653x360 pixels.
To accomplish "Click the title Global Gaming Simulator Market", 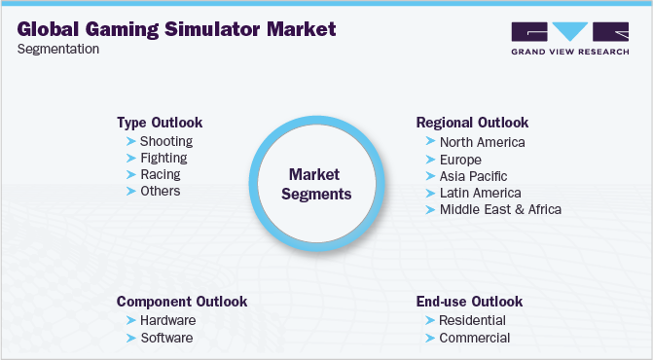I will click(176, 29).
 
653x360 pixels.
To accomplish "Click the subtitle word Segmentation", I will click(57, 50).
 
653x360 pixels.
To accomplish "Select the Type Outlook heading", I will click(160, 123).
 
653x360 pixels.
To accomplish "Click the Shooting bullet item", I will click(165, 141).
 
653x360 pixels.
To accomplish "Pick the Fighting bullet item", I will click(163, 158).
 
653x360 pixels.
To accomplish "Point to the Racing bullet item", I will click(160, 174).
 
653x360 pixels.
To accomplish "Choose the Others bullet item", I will click(160, 191).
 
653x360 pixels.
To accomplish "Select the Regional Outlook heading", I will click(472, 123).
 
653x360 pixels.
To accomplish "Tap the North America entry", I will click(482, 142).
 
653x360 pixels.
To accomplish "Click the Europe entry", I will click(460, 159).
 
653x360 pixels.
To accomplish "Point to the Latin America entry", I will click(480, 192).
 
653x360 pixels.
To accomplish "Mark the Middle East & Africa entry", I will click(500, 208).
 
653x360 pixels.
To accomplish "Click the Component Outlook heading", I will click(181, 302).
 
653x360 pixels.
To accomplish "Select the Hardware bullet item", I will click(167, 320).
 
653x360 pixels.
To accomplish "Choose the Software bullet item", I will click(165, 338).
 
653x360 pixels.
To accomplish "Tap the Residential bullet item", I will click(473, 320).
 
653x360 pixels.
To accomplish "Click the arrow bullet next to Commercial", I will click(429, 338).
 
